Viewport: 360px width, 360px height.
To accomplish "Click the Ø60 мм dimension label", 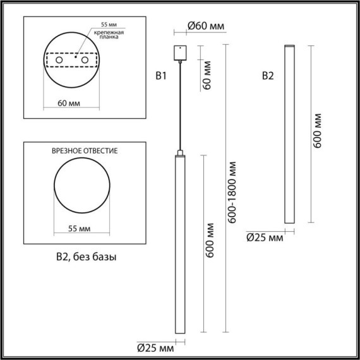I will tap(205, 26).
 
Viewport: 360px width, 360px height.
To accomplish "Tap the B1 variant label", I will tap(161, 76).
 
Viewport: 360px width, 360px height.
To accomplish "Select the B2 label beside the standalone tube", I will tap(268, 76).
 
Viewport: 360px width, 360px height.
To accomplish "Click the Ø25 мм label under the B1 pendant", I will tap(155, 347).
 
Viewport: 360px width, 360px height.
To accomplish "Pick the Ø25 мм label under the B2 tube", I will tap(264, 237).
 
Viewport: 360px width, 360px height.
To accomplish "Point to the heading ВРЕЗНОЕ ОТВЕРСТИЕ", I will tap(85, 152).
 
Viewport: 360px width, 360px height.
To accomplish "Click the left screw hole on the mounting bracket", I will tap(59, 60).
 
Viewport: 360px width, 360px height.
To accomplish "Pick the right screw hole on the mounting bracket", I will tap(82, 60).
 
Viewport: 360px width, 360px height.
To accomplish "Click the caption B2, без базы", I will tap(85, 257).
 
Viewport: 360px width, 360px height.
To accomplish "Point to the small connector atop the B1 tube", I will tap(180, 153).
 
